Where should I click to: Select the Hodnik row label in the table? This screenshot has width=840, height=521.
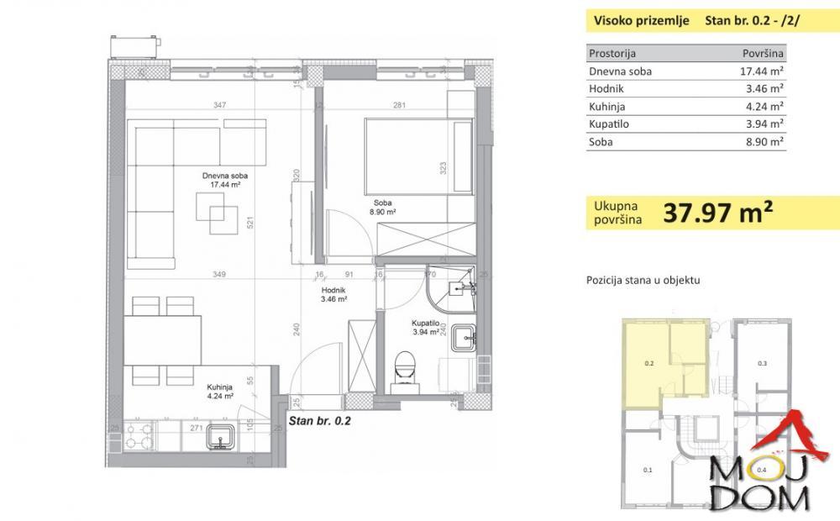[607, 89]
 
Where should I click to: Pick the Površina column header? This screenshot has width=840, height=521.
[764, 54]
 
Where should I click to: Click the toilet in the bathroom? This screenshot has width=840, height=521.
[405, 364]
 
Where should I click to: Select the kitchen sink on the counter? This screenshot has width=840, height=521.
[222, 436]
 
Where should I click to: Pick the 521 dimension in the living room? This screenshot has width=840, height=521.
[249, 224]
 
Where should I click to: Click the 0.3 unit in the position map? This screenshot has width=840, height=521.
[762, 364]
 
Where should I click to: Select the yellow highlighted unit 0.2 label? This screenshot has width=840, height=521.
[648, 364]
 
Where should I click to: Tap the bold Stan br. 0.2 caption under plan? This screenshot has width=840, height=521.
[319, 423]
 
